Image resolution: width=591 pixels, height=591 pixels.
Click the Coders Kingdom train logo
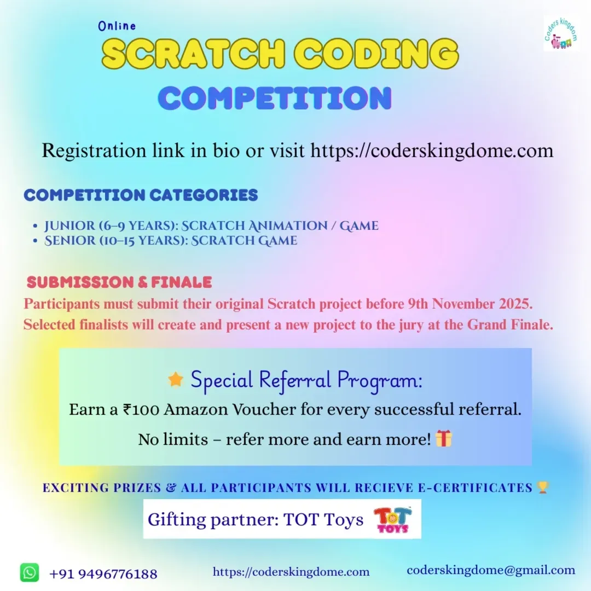561,33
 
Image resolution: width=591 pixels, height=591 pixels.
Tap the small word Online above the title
117,26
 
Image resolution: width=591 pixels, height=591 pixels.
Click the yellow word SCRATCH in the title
193,54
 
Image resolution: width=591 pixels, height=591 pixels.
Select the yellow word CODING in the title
376,54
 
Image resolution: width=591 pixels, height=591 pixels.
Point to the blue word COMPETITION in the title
275,98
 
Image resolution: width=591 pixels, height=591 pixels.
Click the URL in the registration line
432,150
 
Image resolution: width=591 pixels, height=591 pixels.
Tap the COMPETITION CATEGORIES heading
141,195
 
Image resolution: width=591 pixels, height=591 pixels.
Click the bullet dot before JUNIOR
35,226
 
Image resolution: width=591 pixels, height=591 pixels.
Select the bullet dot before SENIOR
35,241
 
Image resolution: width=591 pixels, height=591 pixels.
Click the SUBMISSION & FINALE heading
119,282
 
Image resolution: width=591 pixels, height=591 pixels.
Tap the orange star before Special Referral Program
176,379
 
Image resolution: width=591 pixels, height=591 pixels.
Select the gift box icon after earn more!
444,438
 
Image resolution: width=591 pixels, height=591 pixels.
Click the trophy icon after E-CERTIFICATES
543,487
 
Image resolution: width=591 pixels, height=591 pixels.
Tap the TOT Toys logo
392,520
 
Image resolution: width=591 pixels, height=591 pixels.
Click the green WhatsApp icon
30,572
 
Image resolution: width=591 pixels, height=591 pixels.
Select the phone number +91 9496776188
103,574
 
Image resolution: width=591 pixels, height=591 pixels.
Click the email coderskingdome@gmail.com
491,570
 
